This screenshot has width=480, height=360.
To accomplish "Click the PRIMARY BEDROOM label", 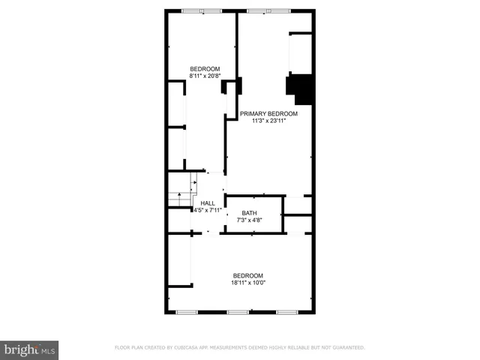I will [x=268, y=114].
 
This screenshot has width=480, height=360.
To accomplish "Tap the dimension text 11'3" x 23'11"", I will [x=268, y=121].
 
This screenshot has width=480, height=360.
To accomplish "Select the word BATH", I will [x=248, y=213].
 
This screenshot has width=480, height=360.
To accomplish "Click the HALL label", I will [x=208, y=203].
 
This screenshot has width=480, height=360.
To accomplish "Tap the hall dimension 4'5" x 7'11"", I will [x=208, y=210].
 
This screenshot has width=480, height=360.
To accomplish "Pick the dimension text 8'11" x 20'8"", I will [x=204, y=76].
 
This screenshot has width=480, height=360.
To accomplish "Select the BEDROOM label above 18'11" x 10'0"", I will [x=247, y=274].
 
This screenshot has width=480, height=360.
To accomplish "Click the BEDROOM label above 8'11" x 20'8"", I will [x=204, y=69].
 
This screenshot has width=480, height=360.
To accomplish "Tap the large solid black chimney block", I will [x=302, y=88].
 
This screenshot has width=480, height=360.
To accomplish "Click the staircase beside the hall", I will [x=181, y=192].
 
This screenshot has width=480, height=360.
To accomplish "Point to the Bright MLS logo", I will [x=30, y=349].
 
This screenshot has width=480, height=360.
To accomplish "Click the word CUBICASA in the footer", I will [x=190, y=348].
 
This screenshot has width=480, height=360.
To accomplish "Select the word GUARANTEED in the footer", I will [x=346, y=348].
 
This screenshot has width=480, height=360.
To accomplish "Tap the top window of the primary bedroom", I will [x=268, y=10].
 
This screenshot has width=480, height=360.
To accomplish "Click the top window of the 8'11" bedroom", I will [x=201, y=10].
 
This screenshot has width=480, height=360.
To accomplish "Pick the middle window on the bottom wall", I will [x=238, y=312].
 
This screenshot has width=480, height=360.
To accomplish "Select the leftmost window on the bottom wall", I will [x=185, y=312].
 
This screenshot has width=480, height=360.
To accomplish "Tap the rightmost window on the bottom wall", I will [x=287, y=312].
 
